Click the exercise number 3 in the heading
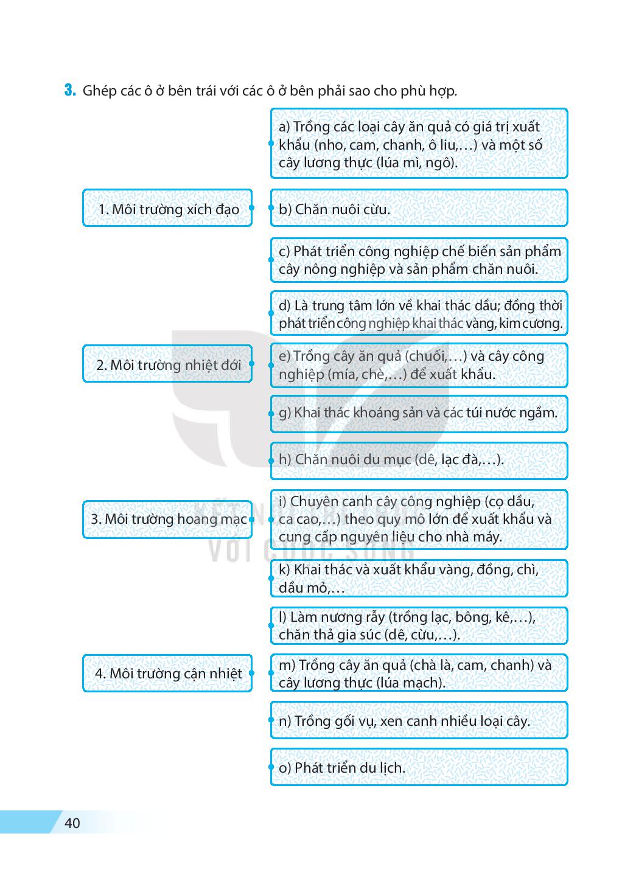(x=70, y=91)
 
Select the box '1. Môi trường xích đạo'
(x=167, y=209)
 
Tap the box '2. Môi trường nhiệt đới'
(x=167, y=364)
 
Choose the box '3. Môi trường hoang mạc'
(x=167, y=519)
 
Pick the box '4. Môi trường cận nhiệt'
(x=167, y=673)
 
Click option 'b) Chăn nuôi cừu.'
(x=419, y=209)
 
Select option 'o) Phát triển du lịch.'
(x=419, y=768)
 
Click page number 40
(x=72, y=823)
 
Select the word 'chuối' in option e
(x=427, y=356)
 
